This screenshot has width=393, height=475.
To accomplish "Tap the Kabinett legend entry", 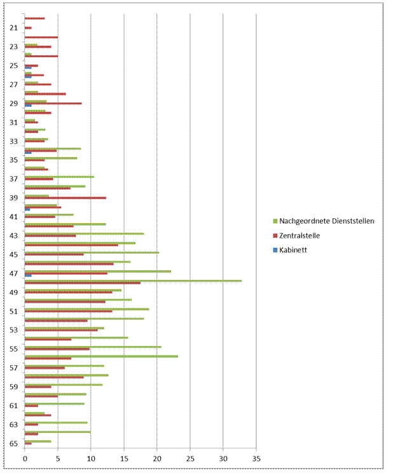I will [293, 250].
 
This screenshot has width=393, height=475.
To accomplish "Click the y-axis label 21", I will [13, 28].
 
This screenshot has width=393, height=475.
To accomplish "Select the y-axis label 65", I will [13, 443].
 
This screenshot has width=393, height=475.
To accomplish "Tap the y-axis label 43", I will [13, 236].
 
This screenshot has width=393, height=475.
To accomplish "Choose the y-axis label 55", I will [13, 349].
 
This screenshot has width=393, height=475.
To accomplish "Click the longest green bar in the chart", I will [133, 280].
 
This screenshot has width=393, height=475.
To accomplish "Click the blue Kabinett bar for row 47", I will [28, 276].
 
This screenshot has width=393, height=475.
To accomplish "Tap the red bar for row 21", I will [28, 28].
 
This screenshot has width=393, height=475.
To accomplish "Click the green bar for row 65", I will [38, 441].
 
